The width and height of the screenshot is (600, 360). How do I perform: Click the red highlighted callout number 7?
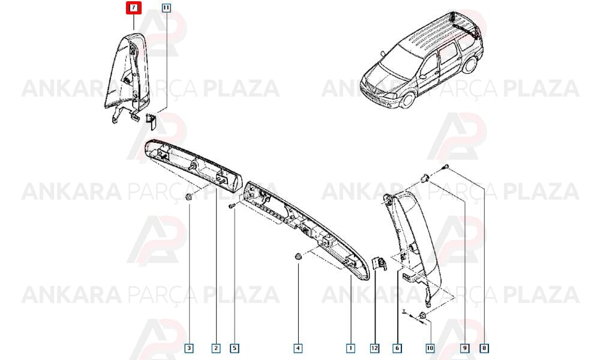(134, 8)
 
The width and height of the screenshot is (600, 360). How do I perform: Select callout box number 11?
(166, 8)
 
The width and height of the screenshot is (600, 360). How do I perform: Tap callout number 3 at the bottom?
(188, 348)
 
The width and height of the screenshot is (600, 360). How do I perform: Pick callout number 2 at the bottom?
(216, 348)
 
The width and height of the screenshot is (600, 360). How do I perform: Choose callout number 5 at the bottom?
(234, 348)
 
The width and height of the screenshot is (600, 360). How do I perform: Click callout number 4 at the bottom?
(298, 348)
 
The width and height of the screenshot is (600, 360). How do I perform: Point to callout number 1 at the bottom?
(350, 348)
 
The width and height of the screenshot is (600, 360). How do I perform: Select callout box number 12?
(374, 348)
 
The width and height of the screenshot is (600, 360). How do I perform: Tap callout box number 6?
(397, 348)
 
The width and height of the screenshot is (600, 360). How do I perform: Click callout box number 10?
(430, 348)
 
